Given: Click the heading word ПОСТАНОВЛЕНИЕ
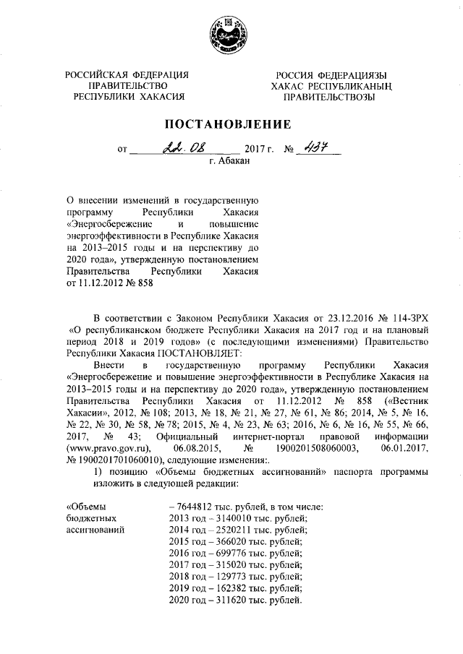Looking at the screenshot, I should click(231, 124).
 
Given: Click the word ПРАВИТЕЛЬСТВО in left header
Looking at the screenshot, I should click(127, 85).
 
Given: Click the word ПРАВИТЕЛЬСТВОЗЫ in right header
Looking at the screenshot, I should click(329, 96).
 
